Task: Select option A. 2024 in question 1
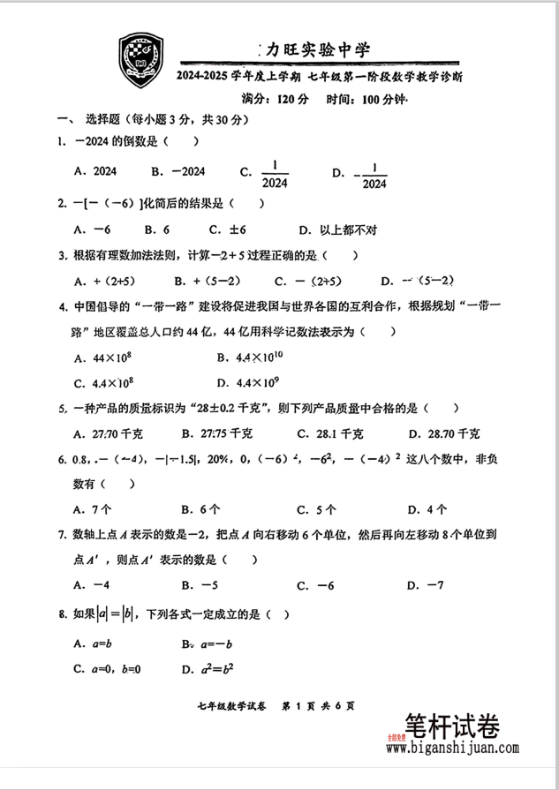96,172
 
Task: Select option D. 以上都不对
338,229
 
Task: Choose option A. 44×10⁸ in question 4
105,358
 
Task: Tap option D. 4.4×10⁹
248,383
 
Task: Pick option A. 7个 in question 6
94,508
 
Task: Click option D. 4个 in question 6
427,508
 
